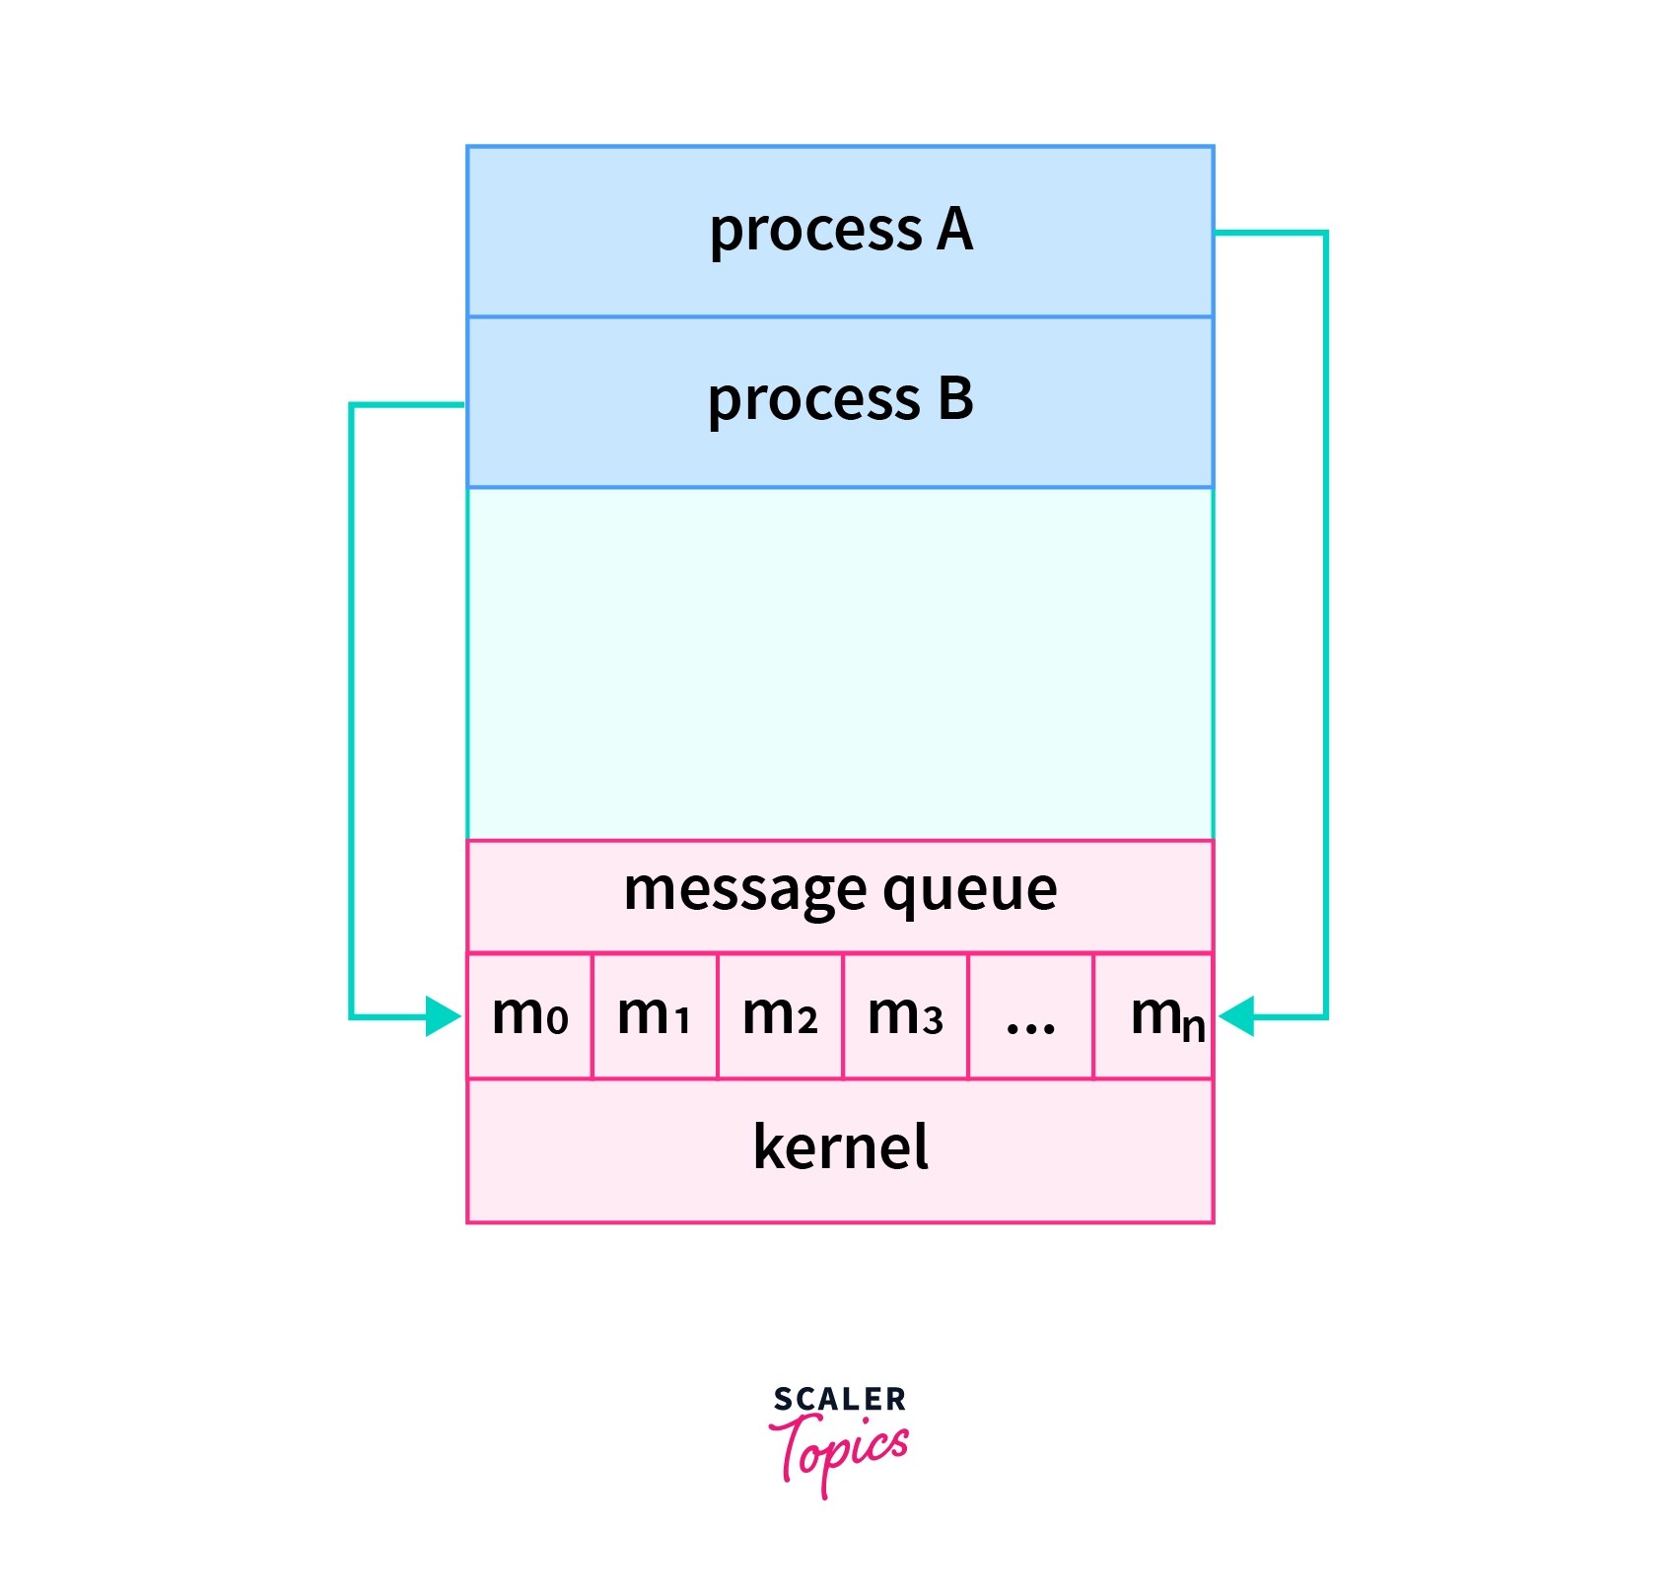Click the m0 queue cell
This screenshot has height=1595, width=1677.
[529, 1015]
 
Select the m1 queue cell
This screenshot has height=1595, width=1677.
[655, 1015]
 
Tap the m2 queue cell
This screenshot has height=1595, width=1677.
[780, 1015]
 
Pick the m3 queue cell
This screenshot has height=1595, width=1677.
[905, 1015]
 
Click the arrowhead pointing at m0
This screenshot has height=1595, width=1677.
[444, 1016]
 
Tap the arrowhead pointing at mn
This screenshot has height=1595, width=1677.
[1236, 1016]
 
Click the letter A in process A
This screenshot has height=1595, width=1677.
[954, 230]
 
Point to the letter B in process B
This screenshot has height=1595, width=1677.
[954, 399]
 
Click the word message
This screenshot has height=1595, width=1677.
[744, 890]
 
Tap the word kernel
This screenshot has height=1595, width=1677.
[840, 1147]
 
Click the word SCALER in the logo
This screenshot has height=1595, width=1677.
[839, 1400]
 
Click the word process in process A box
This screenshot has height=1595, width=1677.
[815, 232]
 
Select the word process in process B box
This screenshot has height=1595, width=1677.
[813, 401]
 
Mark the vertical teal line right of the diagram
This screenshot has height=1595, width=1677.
[1326, 621]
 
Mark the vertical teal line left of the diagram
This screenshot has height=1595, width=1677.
[351, 710]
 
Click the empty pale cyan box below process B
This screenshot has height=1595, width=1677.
[840, 663]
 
